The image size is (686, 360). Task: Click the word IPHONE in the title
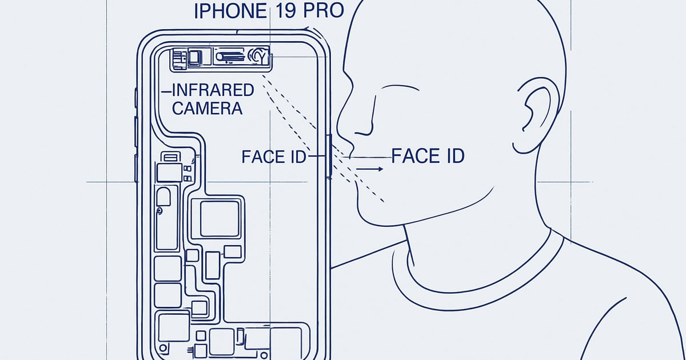click(x=230, y=11)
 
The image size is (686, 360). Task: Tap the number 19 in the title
click(x=285, y=11)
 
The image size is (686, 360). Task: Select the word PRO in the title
click(x=324, y=11)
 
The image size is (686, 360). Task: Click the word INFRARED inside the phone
click(x=213, y=90)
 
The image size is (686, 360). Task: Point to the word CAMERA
click(x=208, y=109)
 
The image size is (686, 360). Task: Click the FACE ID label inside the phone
click(x=274, y=157)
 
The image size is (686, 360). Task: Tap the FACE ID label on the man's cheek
click(x=428, y=156)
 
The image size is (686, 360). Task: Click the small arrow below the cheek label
click(x=369, y=169)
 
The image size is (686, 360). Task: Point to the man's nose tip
click(x=338, y=126)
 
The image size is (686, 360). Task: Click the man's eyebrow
click(x=400, y=87)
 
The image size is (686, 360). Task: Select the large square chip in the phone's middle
click(x=220, y=218)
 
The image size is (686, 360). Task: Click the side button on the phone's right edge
click(x=329, y=156)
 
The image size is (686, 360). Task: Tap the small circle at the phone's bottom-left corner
click(x=163, y=348)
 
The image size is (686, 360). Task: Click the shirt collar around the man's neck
click(x=478, y=285)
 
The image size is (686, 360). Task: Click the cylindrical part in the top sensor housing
click(x=230, y=57)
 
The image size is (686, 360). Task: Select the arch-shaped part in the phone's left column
click(x=163, y=197)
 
